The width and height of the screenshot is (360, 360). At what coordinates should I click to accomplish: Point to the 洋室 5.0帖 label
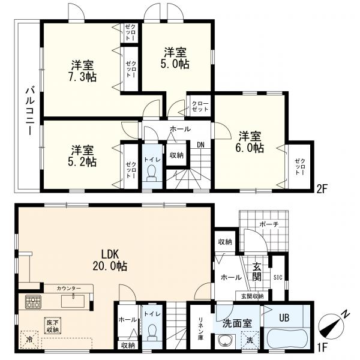tap(175, 58)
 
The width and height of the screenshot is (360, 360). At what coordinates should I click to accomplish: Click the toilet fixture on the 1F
tap(152, 331)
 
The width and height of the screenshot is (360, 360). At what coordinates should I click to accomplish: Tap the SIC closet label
tap(277, 277)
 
